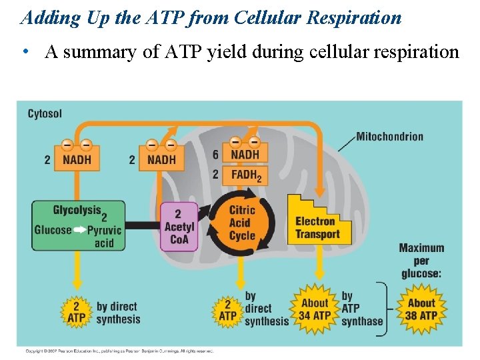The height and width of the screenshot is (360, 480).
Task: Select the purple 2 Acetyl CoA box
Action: pos(179,227)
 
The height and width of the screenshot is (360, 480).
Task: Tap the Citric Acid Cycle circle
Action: pos(241,223)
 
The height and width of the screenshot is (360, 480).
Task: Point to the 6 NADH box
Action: pos(245,154)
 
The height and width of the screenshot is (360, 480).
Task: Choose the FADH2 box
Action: pos(245,175)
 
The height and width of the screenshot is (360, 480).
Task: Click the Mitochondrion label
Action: pos(389,137)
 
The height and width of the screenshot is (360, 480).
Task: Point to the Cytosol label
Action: pos(45,114)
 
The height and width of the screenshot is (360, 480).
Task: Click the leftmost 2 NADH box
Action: pos(77,159)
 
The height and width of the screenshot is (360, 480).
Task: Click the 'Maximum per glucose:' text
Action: pos(421,261)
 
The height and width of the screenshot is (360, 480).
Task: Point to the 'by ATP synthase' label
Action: pos(362,308)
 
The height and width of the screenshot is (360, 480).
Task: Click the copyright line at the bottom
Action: pos(120,351)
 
